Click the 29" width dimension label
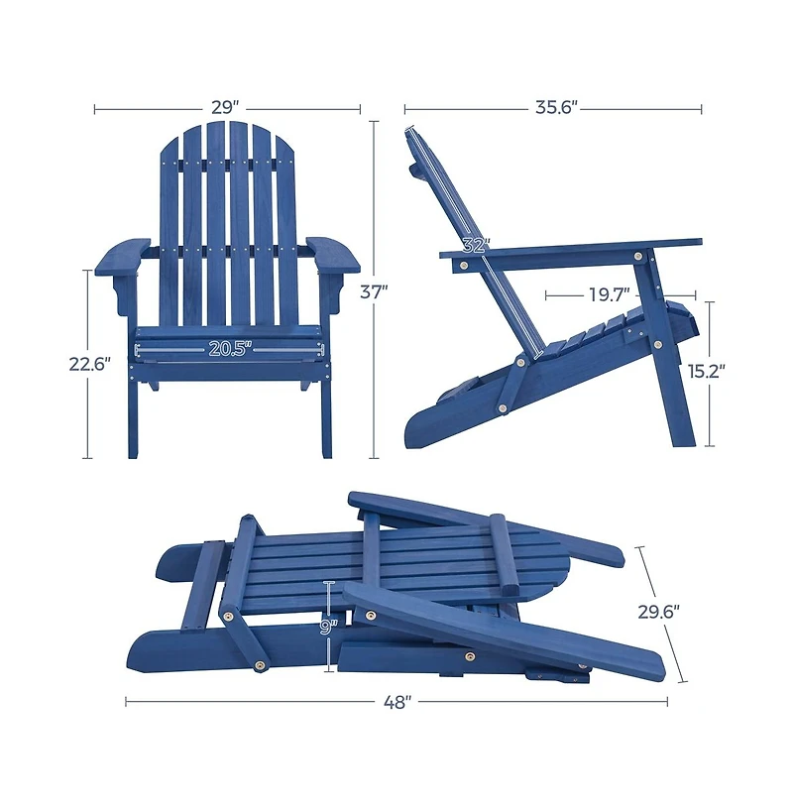click(227, 107)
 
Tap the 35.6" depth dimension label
click(556, 107)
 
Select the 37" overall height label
click(374, 291)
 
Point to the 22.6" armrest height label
click(89, 364)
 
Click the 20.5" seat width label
click(230, 348)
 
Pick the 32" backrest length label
click(476, 245)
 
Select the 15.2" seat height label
click(707, 372)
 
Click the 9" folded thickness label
click(328, 627)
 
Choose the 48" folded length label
click(396, 702)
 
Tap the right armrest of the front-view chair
click(333, 254)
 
